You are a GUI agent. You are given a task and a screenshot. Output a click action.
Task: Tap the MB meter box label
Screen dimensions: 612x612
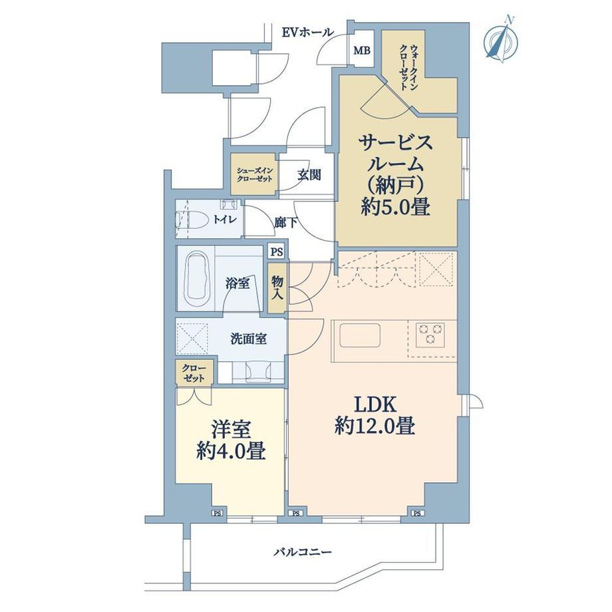point(362,51)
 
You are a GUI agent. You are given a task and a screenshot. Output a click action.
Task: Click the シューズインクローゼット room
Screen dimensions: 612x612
point(253,174)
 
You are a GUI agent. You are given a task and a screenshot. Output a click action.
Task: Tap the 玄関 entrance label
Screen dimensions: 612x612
point(309,175)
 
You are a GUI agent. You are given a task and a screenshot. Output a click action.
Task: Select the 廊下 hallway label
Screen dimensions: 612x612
point(285,223)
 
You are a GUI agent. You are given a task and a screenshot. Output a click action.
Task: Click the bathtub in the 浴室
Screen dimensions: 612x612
point(197,277)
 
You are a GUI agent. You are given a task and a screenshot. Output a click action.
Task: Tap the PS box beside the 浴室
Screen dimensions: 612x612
point(276,252)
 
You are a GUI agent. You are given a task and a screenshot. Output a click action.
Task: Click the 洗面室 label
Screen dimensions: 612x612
point(248,339)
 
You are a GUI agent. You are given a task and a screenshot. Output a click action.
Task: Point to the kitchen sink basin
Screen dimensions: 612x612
point(360,335)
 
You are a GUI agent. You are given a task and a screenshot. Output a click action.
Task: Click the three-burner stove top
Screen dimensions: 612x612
point(431,334)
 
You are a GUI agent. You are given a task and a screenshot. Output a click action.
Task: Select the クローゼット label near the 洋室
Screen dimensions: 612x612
point(194,373)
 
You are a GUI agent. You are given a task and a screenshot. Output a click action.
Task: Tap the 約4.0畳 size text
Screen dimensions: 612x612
point(231,452)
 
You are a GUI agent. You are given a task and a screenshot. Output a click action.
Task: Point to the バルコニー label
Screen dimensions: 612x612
point(303,552)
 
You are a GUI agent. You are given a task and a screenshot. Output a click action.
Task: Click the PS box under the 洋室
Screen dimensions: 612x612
point(217,514)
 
